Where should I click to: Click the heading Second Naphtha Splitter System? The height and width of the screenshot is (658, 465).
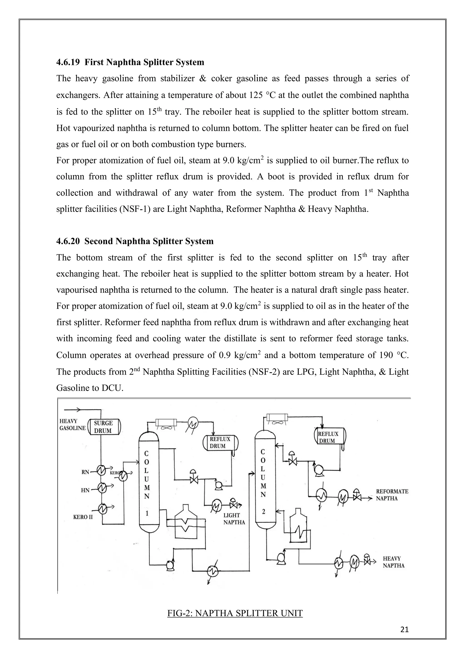149,241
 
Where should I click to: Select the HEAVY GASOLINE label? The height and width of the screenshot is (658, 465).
72,425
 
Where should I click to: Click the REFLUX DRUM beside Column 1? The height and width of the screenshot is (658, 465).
220,442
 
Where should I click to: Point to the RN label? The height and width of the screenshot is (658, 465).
85,472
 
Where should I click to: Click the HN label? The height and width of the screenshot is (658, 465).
85,490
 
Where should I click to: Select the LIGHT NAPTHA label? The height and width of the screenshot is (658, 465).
234,519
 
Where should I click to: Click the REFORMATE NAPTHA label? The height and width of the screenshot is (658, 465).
392,495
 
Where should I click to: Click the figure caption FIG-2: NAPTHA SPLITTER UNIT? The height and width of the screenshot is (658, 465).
235,613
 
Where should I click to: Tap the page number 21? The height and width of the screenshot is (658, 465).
404,630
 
